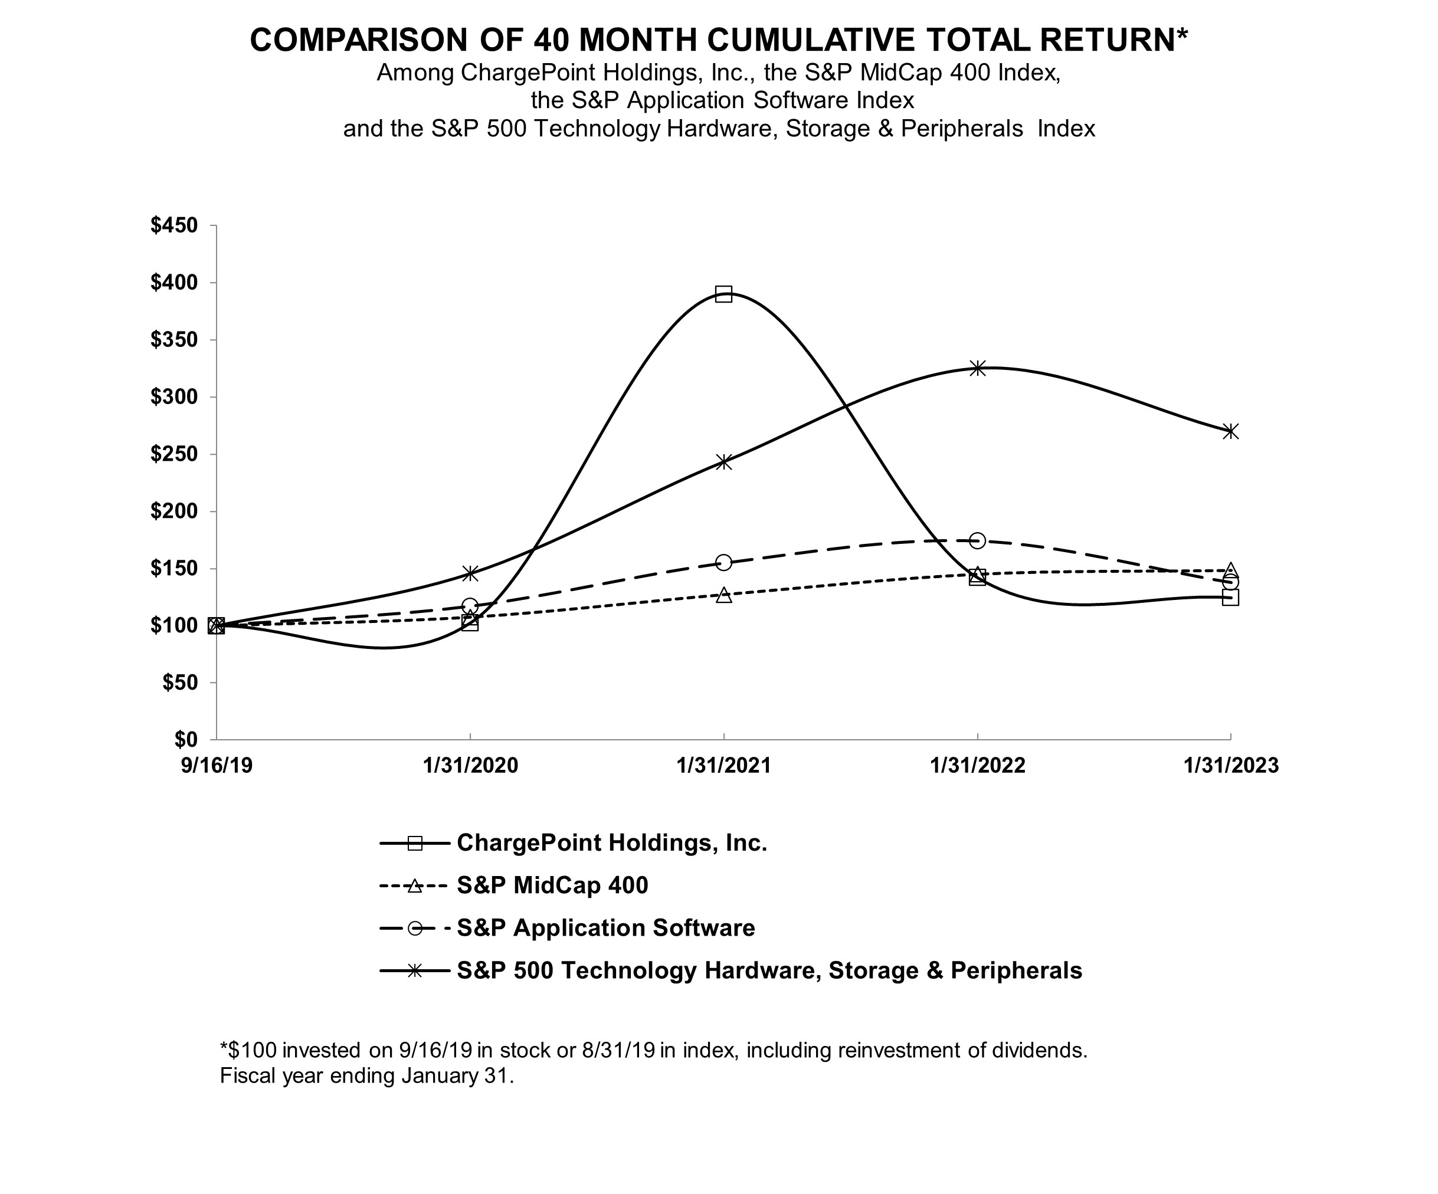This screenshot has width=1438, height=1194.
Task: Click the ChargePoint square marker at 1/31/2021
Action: [x=724, y=294]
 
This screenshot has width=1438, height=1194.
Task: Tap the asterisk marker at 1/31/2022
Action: [x=978, y=368]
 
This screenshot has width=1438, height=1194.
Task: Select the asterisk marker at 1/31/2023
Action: [x=1230, y=431]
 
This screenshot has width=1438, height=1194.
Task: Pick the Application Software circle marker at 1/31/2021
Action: [x=724, y=563]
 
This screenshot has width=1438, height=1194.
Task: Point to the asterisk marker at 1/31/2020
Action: [x=470, y=573]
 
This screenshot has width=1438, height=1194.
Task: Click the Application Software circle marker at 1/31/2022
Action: [x=978, y=541]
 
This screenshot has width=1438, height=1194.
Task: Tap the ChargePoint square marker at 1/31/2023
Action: [x=1230, y=598]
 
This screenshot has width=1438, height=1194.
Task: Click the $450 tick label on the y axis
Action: [x=174, y=225]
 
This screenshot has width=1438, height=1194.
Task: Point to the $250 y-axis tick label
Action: [x=174, y=454]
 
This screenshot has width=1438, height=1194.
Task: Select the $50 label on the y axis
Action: [x=179, y=683]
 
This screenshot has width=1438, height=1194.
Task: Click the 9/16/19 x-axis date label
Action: [x=217, y=765]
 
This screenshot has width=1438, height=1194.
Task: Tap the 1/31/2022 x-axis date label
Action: [x=978, y=765]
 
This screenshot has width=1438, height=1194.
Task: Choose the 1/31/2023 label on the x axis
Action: [x=1230, y=765]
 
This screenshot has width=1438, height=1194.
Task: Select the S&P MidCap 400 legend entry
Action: [x=552, y=885]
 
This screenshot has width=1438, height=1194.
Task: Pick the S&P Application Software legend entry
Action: [x=605, y=928]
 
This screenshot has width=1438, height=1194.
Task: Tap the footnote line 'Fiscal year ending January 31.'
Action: [x=366, y=1075]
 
